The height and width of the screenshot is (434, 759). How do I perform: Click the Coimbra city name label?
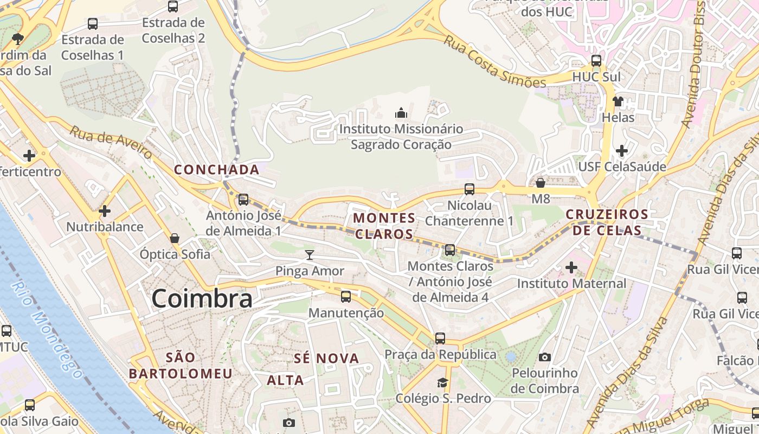click(x=202, y=299)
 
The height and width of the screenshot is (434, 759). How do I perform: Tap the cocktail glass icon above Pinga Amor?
click(x=310, y=254)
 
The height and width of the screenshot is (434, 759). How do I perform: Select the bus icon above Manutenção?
click(x=345, y=297)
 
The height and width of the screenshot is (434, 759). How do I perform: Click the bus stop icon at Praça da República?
click(x=440, y=338)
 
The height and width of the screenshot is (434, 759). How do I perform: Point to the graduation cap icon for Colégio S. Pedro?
click(x=443, y=382)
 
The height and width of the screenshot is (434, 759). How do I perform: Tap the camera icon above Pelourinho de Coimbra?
click(x=545, y=357)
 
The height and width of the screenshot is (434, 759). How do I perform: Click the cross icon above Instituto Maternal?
click(x=571, y=267)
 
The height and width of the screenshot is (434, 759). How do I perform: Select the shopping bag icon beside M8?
click(x=541, y=183)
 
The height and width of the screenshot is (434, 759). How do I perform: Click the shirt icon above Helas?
click(x=618, y=101)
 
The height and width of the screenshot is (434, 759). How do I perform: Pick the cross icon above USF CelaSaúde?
click(x=622, y=150)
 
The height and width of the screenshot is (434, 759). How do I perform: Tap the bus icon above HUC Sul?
click(x=596, y=60)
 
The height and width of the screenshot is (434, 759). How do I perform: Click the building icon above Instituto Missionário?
click(x=401, y=113)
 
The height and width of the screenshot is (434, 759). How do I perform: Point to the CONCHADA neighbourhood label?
click(x=217, y=170)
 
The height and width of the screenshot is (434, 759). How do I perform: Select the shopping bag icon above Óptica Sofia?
click(x=175, y=238)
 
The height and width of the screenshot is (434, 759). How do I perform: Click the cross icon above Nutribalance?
click(x=105, y=210)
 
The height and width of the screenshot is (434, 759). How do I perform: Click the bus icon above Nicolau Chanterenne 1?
click(x=469, y=189)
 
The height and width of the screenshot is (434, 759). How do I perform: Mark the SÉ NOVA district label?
click(x=326, y=358)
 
